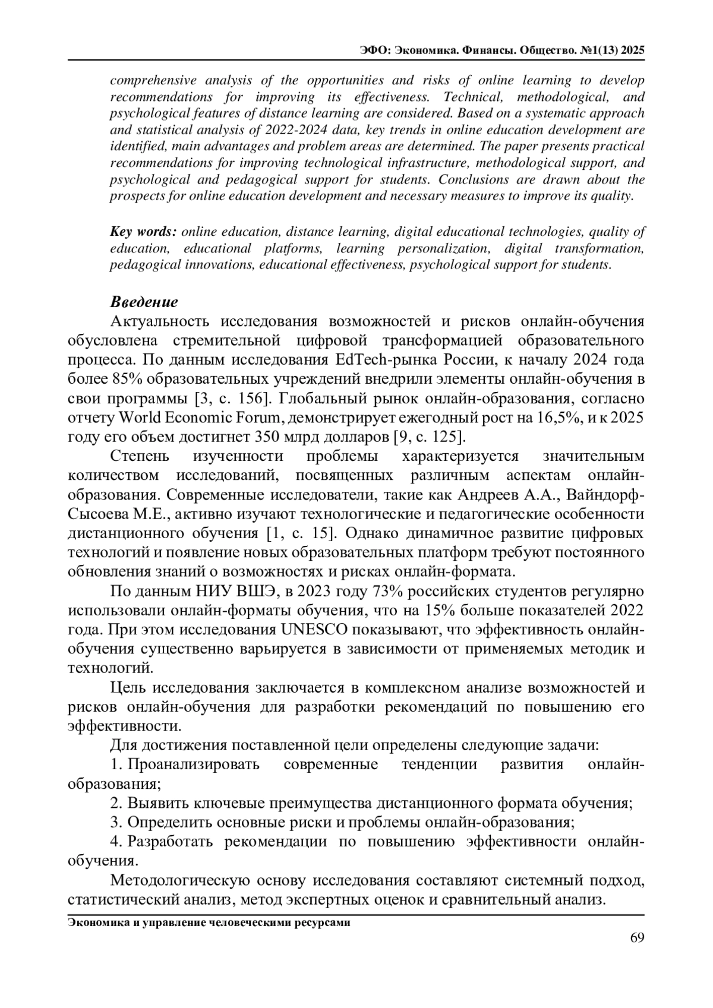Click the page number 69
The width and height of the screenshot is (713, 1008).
[x=636, y=937]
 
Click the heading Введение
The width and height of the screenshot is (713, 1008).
[x=144, y=302]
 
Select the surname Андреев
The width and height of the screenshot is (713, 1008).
[x=487, y=495]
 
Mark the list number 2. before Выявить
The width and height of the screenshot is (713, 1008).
[x=116, y=803]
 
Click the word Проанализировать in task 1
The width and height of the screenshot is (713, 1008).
[x=194, y=764]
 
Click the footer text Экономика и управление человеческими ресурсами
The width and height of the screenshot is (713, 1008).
[x=209, y=922]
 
